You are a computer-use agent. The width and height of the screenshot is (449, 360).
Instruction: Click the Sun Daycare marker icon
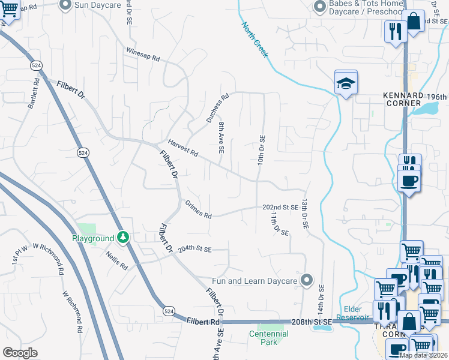[x=65, y=5]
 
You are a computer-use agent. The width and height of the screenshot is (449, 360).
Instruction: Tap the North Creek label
[x=255, y=40]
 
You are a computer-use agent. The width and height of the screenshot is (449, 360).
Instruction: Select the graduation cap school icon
[x=346, y=83]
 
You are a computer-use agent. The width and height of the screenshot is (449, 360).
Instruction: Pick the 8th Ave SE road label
[x=221, y=138]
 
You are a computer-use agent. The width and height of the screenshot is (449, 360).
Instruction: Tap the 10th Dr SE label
[x=261, y=151]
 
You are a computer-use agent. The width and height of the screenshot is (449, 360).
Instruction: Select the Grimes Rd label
[x=198, y=211]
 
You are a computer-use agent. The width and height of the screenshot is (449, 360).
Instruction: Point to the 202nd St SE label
[x=280, y=207]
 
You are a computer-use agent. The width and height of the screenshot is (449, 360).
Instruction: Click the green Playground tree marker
[x=122, y=238]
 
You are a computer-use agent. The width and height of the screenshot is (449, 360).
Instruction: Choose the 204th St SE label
[x=195, y=248]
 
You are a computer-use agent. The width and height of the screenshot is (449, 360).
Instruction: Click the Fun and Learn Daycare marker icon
[x=307, y=280]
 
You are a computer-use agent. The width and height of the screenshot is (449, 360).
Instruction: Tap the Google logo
[x=20, y=352]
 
